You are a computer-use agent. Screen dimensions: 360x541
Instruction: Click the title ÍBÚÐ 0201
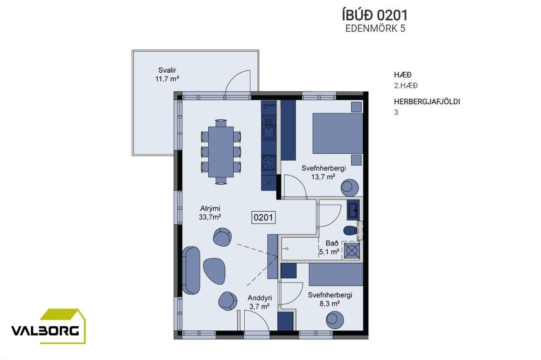tap(375, 15)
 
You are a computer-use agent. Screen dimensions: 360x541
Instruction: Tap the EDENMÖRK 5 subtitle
tap(375, 28)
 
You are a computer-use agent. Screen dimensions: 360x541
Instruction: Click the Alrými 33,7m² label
tap(210, 213)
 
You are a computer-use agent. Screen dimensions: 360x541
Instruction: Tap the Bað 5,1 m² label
tap(329, 247)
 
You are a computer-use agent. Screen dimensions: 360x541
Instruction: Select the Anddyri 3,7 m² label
tap(260, 302)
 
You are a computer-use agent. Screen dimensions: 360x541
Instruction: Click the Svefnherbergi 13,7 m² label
tap(324, 172)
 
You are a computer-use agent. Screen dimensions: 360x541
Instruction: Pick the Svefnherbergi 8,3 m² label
tap(330, 299)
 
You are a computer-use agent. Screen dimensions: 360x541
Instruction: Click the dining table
tap(221, 151)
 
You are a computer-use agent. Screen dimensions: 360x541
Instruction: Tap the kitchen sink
tap(269, 133)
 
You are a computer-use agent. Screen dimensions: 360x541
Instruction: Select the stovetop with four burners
tap(269, 161)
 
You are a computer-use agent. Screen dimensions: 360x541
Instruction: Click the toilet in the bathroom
tap(349, 231)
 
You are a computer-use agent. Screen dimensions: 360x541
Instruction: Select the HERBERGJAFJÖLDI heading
tap(427, 101)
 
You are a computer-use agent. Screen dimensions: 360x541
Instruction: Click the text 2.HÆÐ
tap(406, 86)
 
